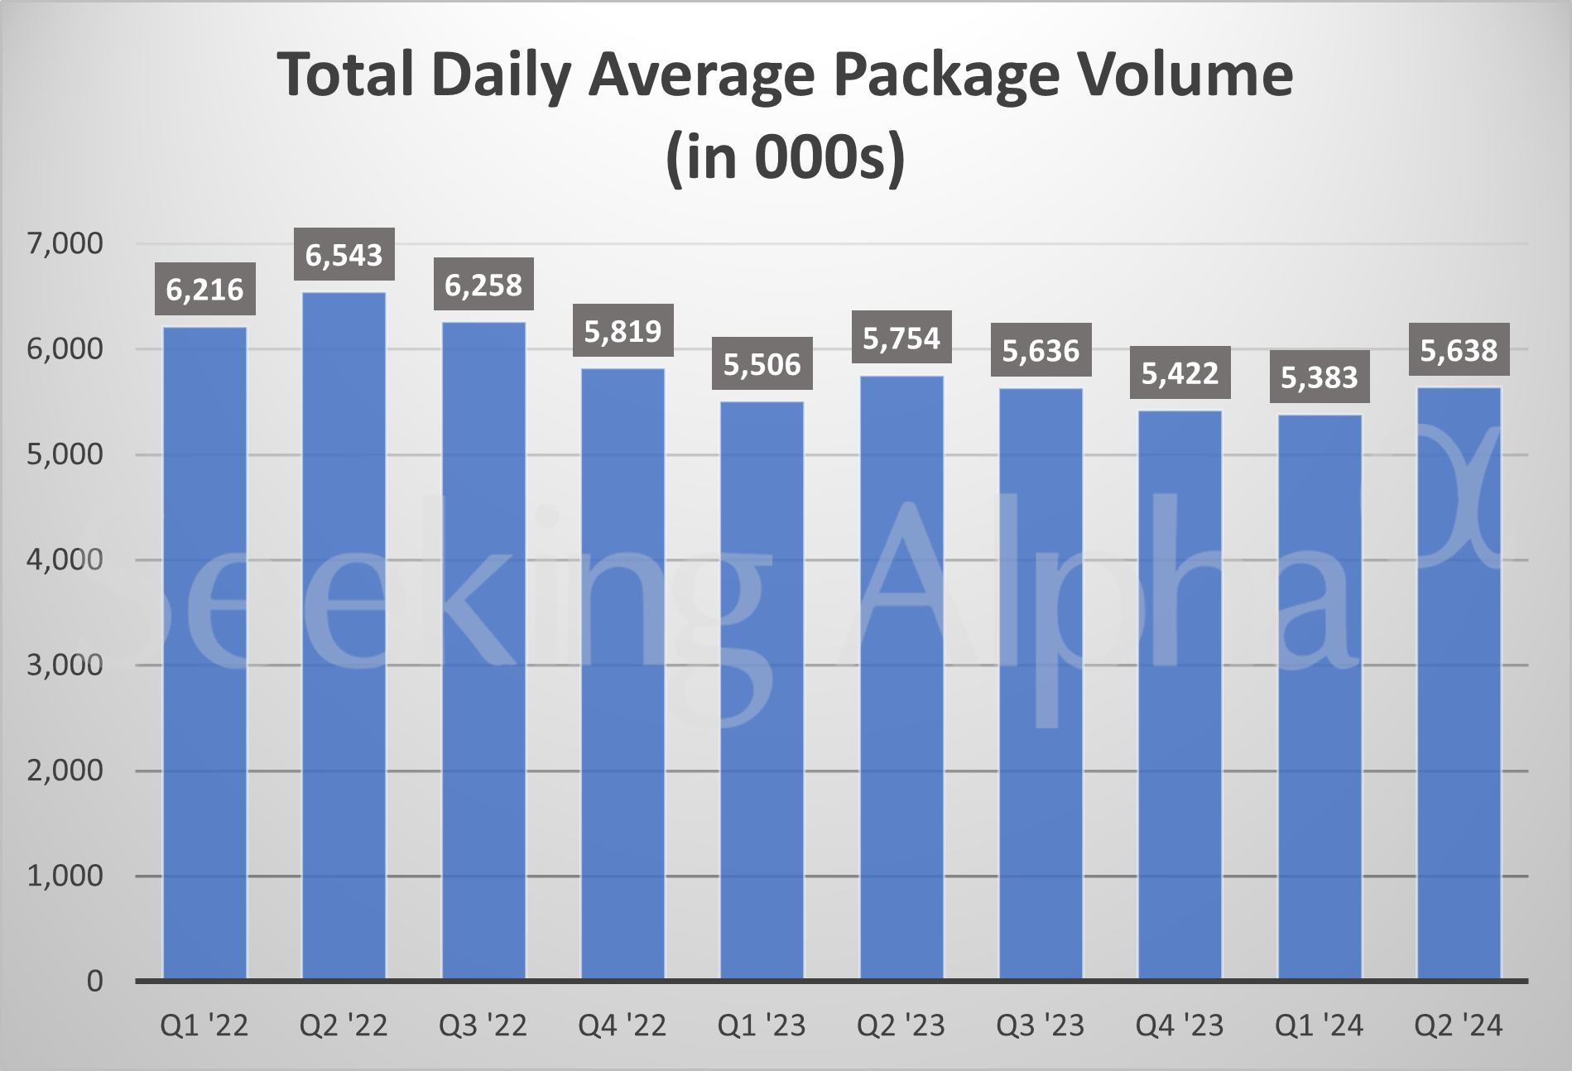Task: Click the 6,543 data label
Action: (x=344, y=254)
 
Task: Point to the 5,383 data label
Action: (x=1320, y=377)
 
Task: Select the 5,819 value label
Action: (x=623, y=331)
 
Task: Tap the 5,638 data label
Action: (x=1459, y=350)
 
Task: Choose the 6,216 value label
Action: (x=204, y=289)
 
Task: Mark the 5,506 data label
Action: (x=762, y=363)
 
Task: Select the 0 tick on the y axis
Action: (x=94, y=981)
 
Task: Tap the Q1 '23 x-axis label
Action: (x=762, y=1026)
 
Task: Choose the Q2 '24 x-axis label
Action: (x=1459, y=1026)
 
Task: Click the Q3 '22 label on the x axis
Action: (x=483, y=1026)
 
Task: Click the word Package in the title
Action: (x=946, y=76)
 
